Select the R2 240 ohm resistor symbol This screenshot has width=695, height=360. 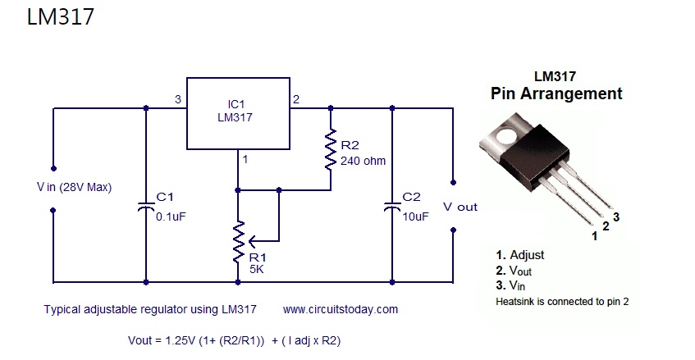330,149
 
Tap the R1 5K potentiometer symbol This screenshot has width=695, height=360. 239,241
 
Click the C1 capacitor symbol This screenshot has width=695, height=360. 146,207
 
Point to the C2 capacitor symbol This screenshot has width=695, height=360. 392,207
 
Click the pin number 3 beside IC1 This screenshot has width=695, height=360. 178,99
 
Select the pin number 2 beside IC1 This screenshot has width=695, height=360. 296,99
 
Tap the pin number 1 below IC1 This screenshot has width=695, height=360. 245,159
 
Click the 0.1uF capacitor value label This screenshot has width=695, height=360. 171,216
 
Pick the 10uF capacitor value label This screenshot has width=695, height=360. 415,216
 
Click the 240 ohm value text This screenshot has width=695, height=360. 363,161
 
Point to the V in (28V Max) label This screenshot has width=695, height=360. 74,187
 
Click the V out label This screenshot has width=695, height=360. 460,207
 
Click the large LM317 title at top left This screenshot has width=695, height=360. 61,17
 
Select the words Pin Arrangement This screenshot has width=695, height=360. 556,93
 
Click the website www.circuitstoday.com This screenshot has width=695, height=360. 341,309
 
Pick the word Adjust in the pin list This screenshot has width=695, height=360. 527,255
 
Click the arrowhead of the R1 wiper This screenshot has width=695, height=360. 252,241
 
